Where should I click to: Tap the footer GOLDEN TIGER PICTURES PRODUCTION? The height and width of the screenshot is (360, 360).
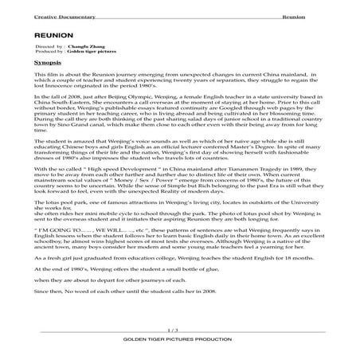pos(180,338)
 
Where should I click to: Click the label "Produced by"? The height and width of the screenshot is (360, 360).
pos(49,53)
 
